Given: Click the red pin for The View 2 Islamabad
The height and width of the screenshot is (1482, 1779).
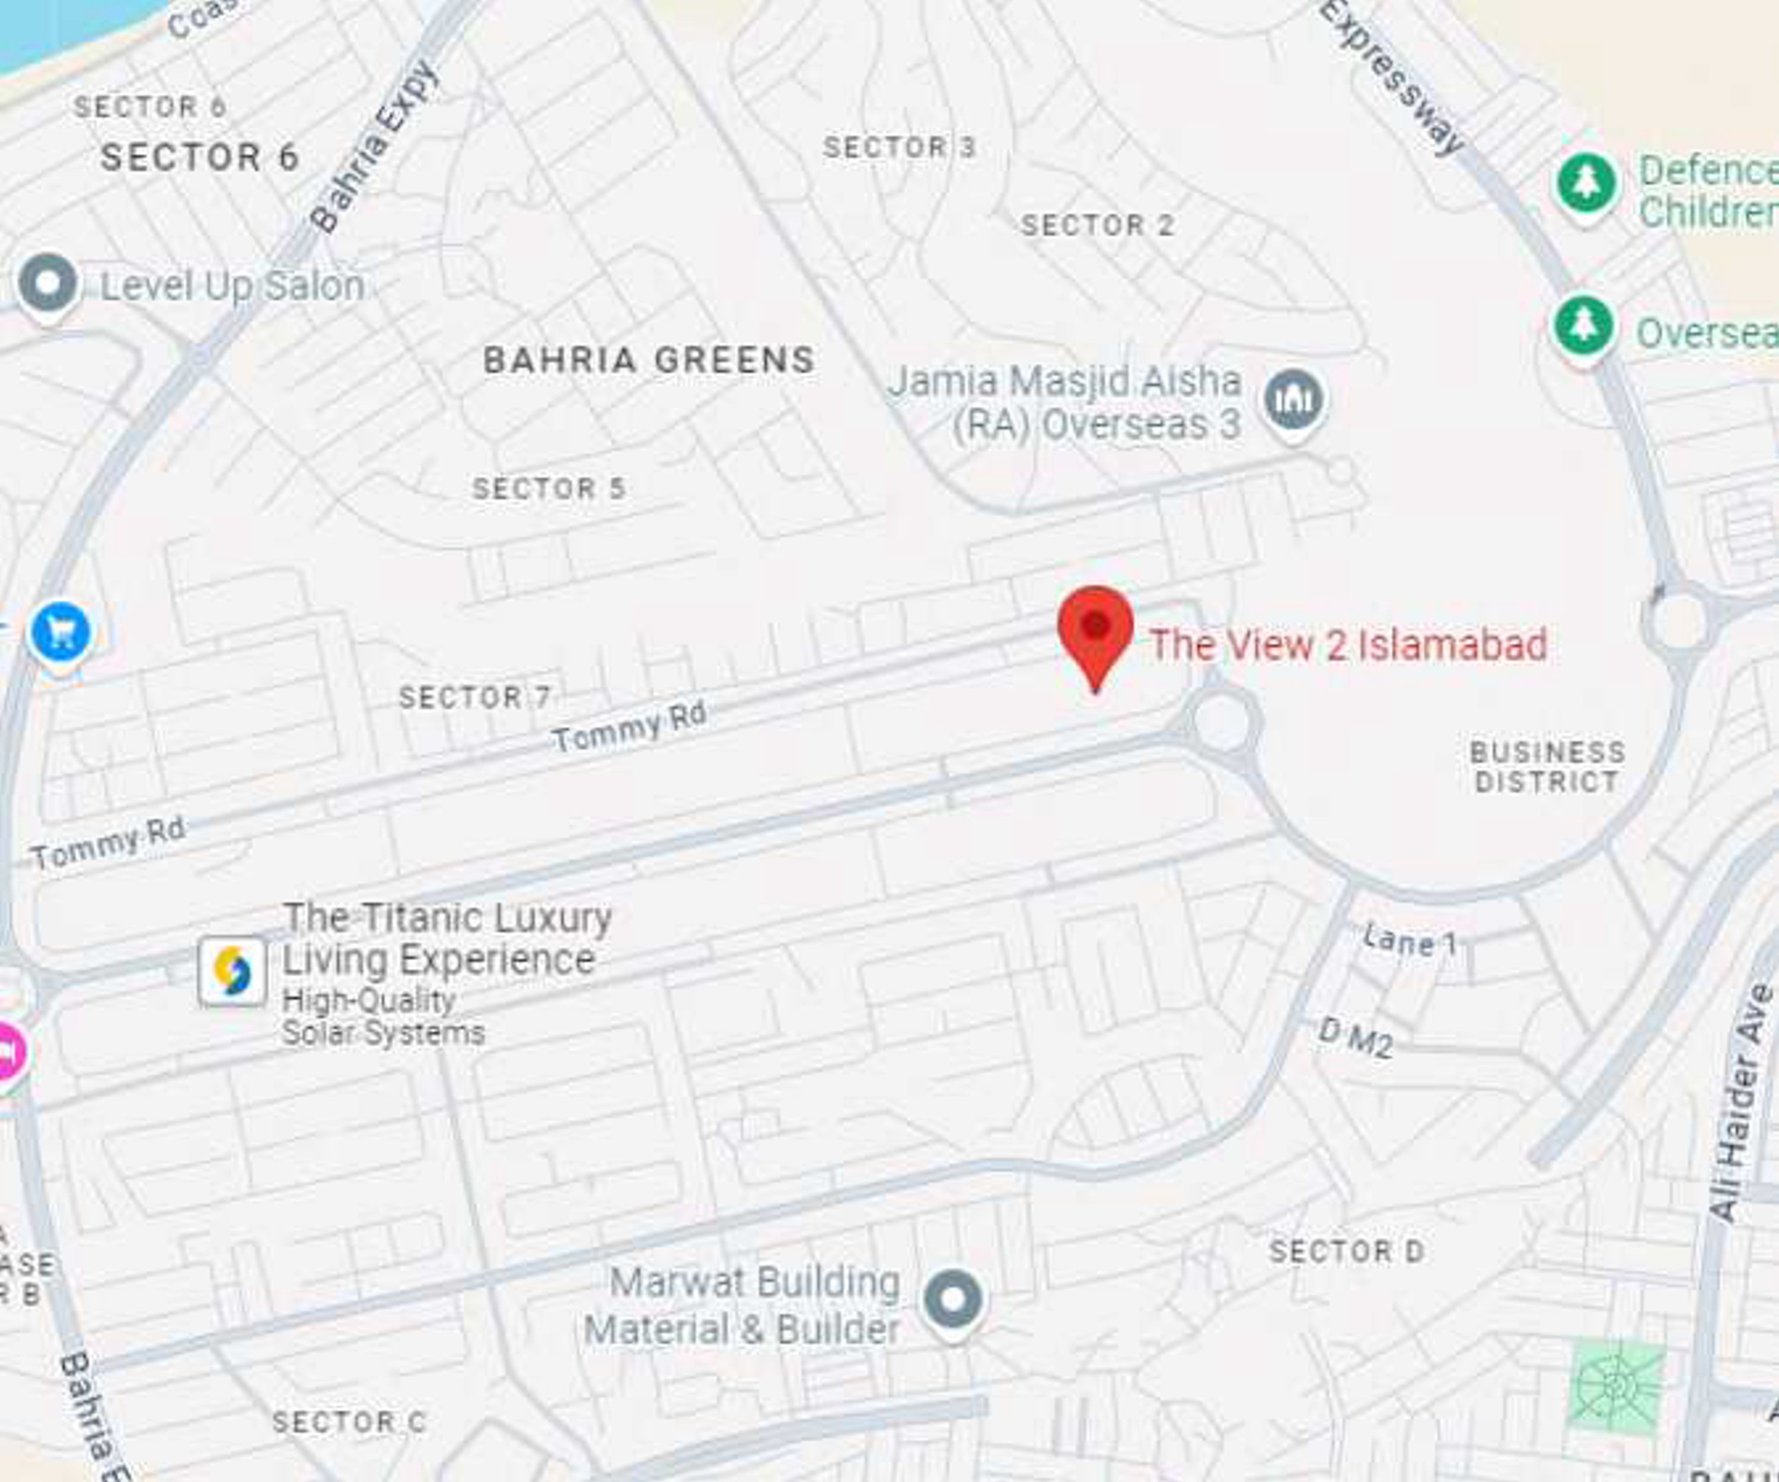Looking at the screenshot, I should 1095,631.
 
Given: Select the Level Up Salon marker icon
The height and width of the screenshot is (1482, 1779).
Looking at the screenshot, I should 48,284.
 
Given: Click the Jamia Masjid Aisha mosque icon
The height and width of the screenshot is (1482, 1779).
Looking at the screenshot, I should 1293,399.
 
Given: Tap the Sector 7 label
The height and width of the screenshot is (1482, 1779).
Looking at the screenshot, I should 474,698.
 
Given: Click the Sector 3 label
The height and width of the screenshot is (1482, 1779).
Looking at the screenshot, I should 900,148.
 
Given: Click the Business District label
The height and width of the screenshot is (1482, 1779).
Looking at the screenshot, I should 1547,767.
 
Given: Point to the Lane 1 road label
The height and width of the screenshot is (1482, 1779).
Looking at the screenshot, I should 1410,941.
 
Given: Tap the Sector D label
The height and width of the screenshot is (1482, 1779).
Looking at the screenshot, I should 1346,1251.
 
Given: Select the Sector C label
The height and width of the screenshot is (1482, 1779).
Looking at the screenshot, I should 348,1422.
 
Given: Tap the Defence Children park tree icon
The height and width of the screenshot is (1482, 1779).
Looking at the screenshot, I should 1586,183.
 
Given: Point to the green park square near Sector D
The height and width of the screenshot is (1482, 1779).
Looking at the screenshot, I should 1615,1387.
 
